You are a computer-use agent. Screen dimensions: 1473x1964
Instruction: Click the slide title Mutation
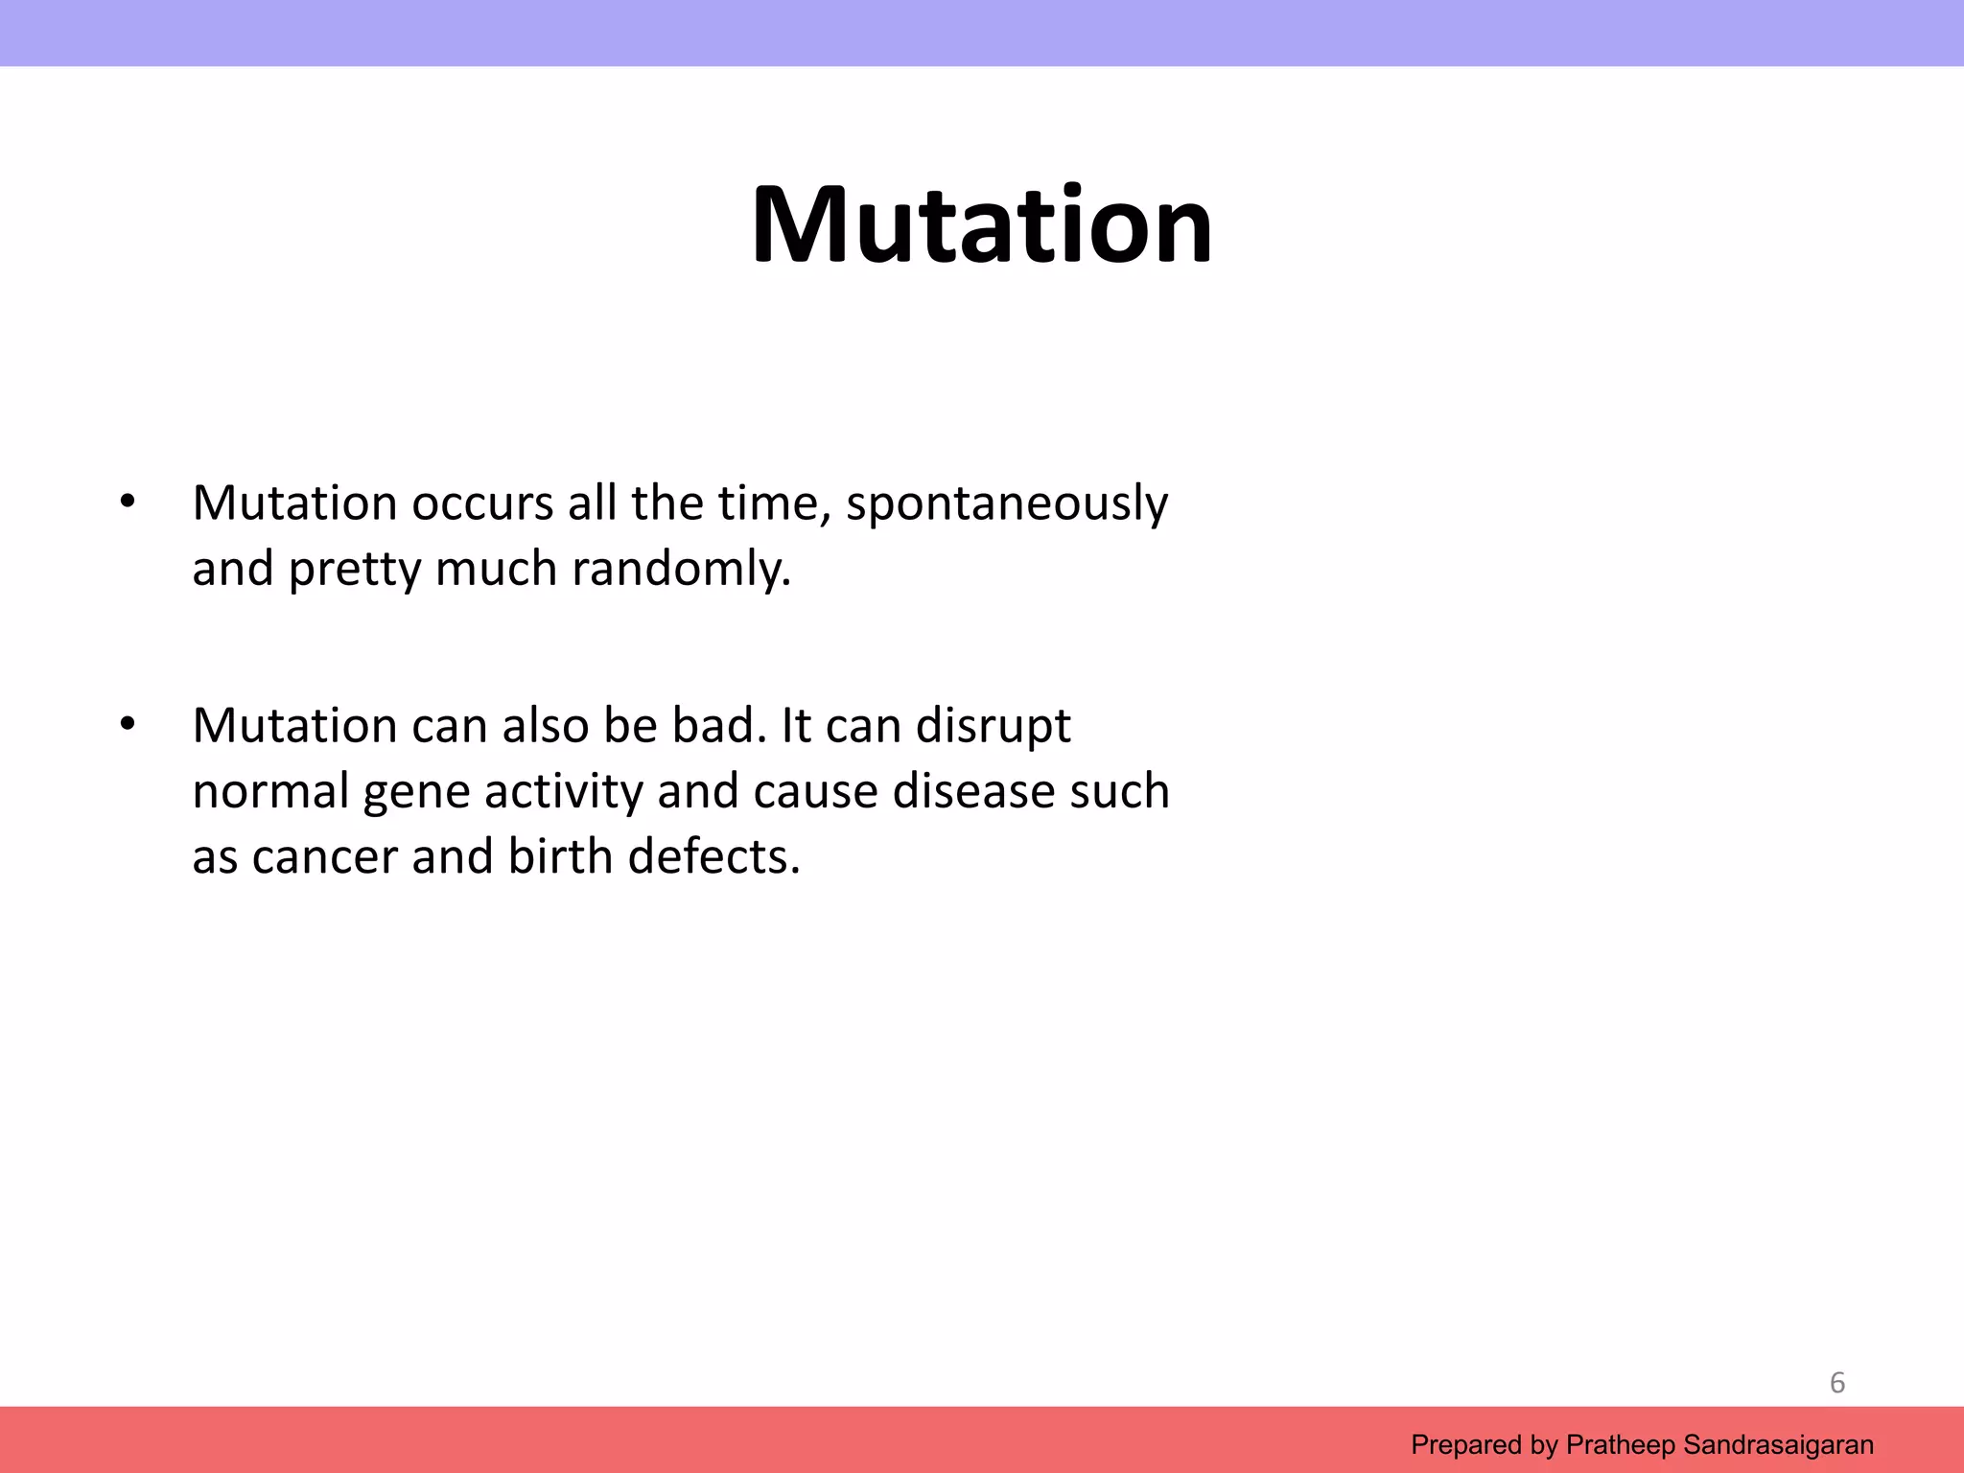(x=981, y=225)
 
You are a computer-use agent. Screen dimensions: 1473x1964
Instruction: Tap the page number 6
(x=1836, y=1382)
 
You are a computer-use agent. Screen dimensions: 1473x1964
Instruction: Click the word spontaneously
(x=1007, y=504)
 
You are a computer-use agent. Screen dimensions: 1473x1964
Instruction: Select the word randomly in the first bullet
(x=682, y=570)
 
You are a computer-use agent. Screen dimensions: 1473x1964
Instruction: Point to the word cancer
(x=324, y=857)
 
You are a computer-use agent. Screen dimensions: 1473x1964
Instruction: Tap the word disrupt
(x=993, y=727)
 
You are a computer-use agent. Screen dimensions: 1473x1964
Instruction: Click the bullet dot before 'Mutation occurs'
(x=128, y=502)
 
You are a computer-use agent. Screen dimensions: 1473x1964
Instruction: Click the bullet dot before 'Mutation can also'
(x=128, y=724)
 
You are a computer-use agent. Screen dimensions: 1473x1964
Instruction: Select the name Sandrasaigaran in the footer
(x=1778, y=1444)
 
